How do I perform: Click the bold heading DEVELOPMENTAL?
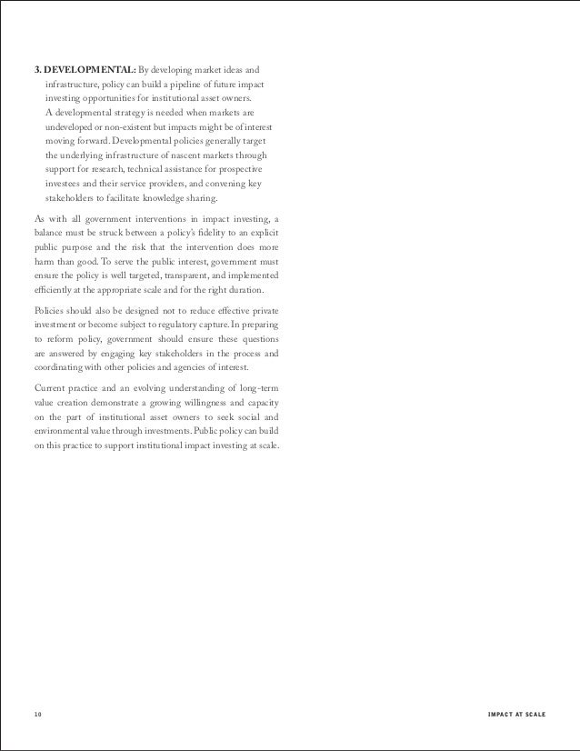[89, 69]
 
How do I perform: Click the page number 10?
[36, 713]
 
